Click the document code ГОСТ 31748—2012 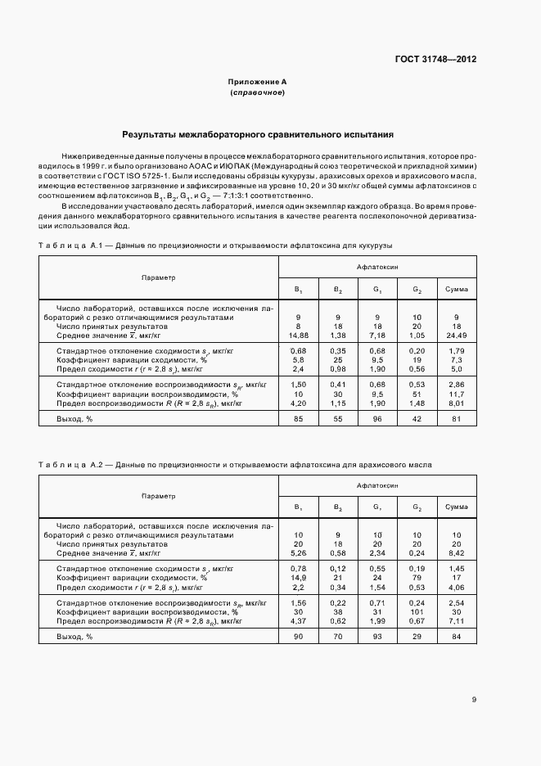pyautogui.click(x=436, y=60)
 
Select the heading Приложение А pyautogui.click(x=257, y=83)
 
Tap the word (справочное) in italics pyautogui.click(x=257, y=93)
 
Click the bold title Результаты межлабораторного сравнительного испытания pyautogui.click(x=258, y=133)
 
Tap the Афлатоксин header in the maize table pyautogui.click(x=377, y=267)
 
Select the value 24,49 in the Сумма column pyautogui.click(x=456, y=336)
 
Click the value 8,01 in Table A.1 pyautogui.click(x=456, y=403)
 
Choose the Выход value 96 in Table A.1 pyautogui.click(x=377, y=420)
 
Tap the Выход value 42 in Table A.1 pyautogui.click(x=417, y=420)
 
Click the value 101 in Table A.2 pyautogui.click(x=417, y=611)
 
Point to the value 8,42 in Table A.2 pyautogui.click(x=456, y=553)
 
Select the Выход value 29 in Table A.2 pyautogui.click(x=417, y=637)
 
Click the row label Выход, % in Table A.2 pyautogui.click(x=74, y=637)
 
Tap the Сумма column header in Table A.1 pyautogui.click(x=456, y=290)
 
